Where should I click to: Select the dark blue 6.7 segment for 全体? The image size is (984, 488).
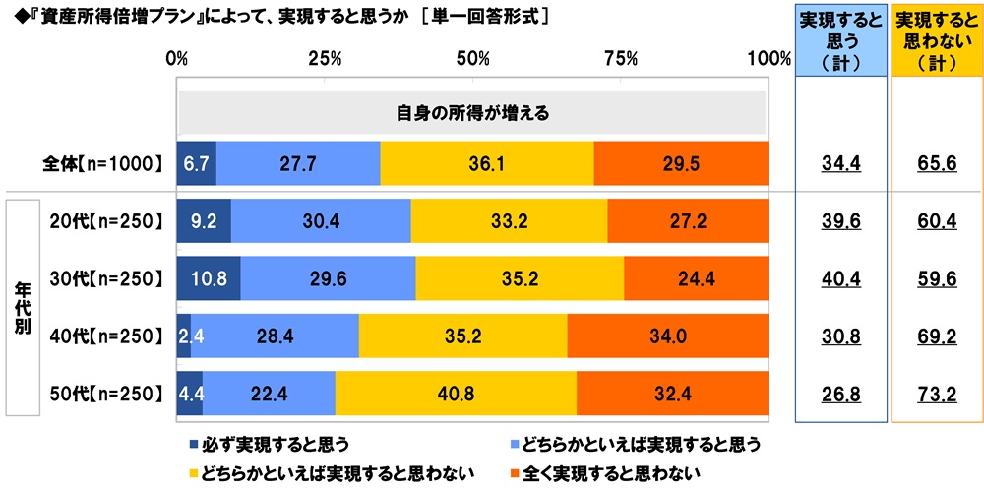pos(196,163)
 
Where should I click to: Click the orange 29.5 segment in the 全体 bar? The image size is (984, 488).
pos(680,163)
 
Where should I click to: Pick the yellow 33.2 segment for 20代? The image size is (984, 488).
pos(509,220)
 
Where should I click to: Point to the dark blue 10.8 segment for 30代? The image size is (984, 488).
pos(209,277)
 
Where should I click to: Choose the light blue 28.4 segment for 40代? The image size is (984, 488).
pos(275,335)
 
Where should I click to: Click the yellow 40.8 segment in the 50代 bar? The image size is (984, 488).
pos(456,393)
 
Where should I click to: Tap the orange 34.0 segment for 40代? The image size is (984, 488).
pos(667,335)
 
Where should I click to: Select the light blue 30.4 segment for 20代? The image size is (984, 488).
pos(321,220)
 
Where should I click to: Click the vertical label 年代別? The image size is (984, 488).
pos(22,306)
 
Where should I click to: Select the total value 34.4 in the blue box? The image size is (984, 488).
pos(840,163)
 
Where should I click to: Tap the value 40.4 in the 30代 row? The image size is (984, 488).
pos(840,277)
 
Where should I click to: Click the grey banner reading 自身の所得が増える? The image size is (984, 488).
pos(472,112)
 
